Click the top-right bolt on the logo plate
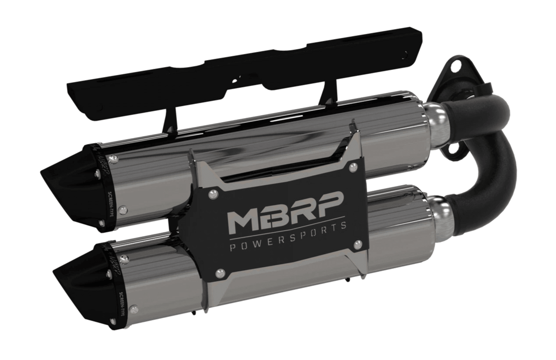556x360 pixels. click(x=354, y=167)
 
